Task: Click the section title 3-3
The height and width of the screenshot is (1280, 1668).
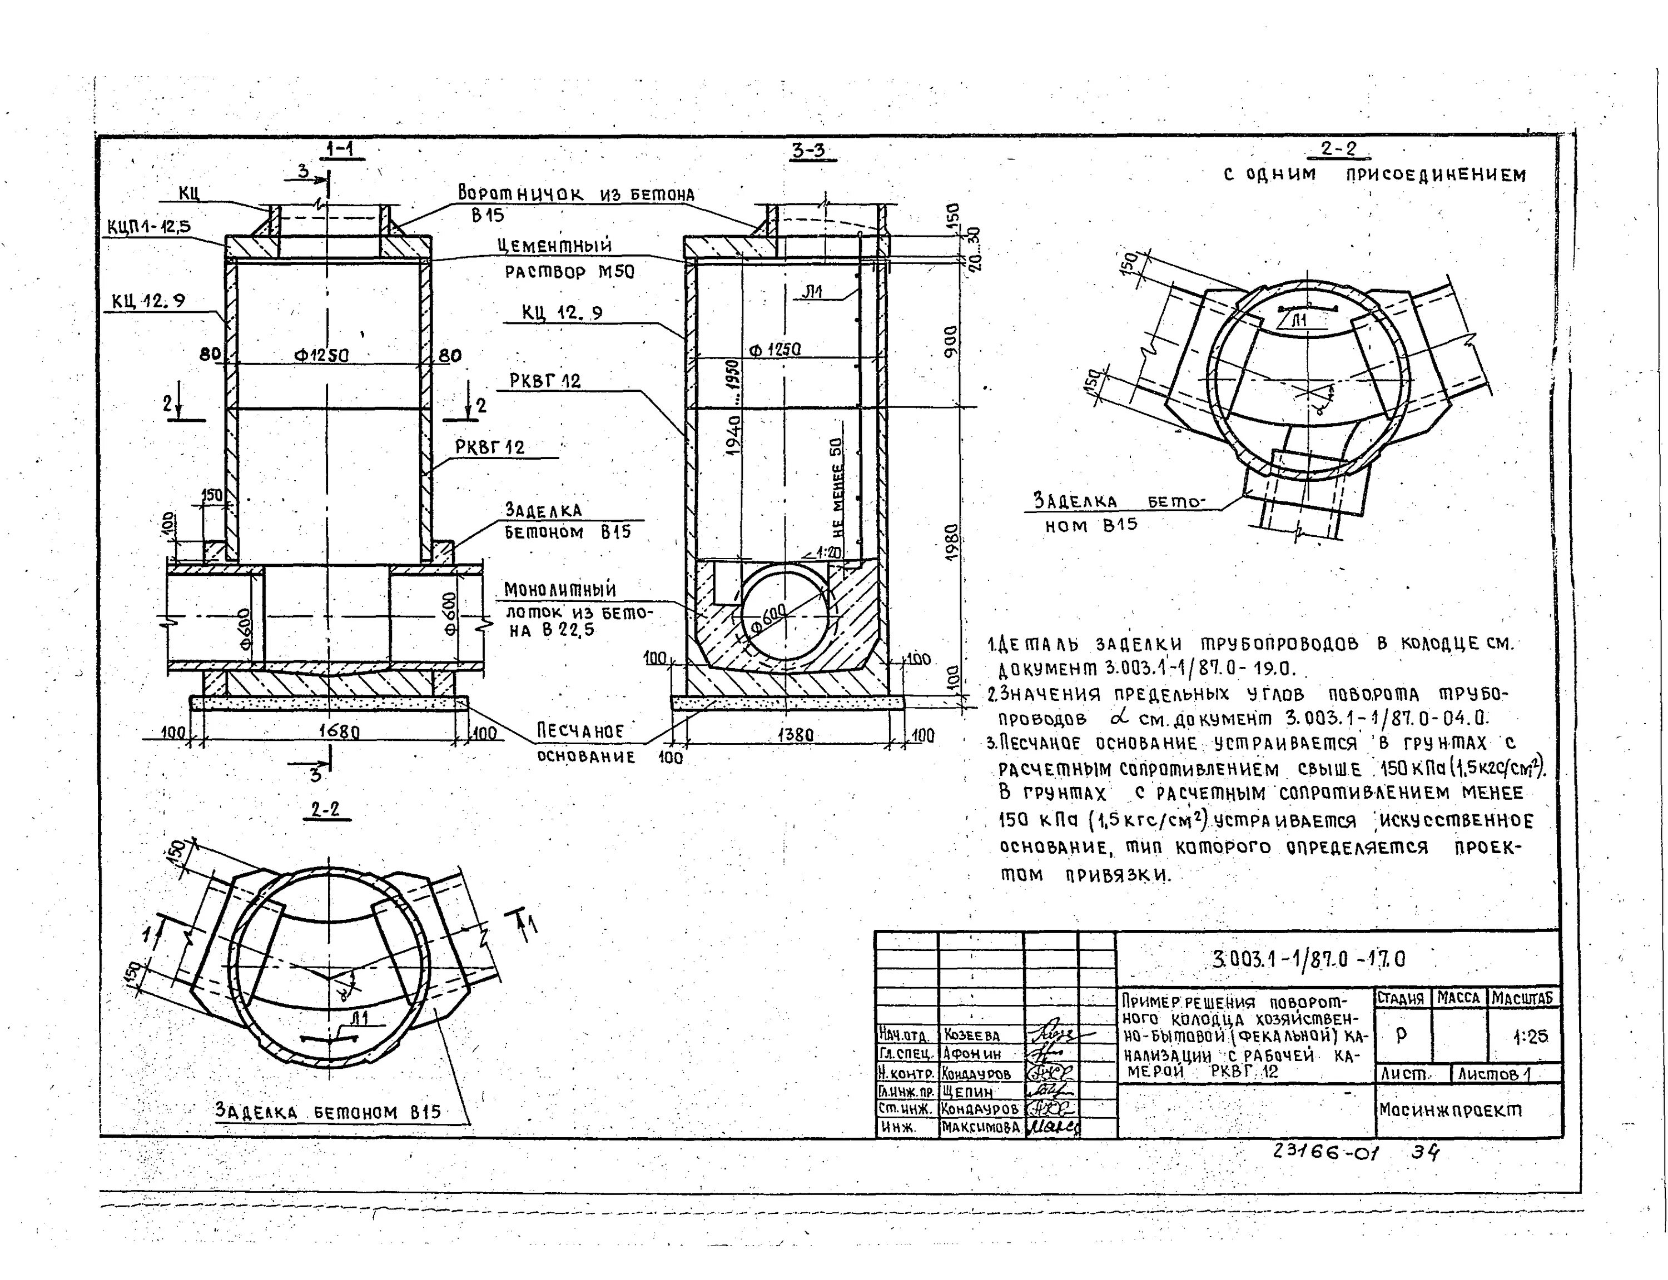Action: click(x=808, y=150)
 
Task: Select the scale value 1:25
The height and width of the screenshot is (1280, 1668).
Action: click(x=1530, y=1036)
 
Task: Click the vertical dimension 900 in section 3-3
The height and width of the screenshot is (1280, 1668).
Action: click(x=950, y=340)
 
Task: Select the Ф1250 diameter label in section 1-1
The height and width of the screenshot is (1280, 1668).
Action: click(x=321, y=355)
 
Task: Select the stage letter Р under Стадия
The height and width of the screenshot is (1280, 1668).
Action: click(x=1401, y=1035)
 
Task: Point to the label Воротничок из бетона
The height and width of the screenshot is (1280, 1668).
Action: click(x=575, y=195)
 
